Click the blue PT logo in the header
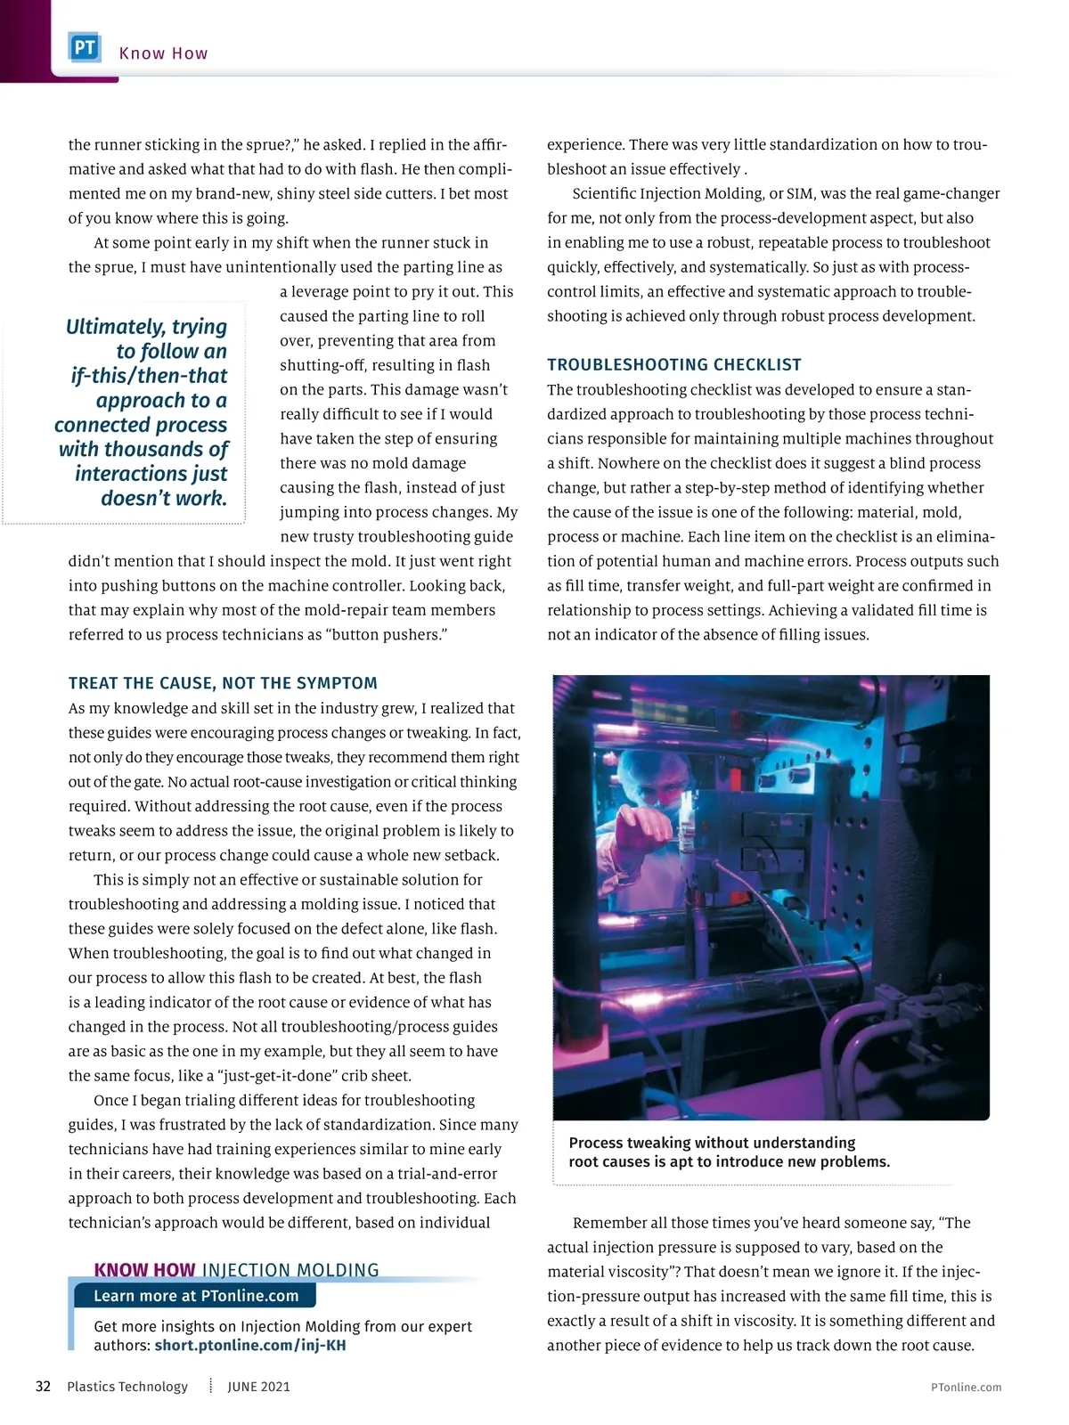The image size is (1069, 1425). coord(85,48)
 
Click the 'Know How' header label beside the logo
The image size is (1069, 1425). coord(163,53)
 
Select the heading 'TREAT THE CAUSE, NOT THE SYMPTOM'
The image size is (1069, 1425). coord(223,683)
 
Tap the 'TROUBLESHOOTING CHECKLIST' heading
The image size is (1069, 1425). coord(674,364)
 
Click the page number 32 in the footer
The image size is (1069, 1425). coord(43,1387)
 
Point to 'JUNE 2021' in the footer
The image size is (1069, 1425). coord(258,1387)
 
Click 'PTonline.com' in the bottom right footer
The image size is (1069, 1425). coord(966,1388)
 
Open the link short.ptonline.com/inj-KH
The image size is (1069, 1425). coord(250,1345)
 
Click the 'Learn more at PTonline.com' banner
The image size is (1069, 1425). coord(196,1296)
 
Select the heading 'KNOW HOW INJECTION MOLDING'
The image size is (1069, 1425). coord(236,1270)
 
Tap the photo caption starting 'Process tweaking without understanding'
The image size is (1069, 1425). coord(729,1152)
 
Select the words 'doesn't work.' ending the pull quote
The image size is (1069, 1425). coord(164,498)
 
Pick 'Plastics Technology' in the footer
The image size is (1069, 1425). coord(127,1387)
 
